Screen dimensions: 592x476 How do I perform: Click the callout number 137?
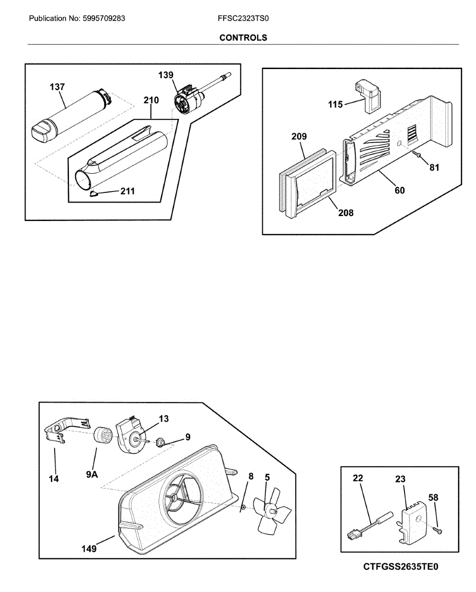coord(57,87)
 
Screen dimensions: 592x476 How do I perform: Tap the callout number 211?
coord(128,191)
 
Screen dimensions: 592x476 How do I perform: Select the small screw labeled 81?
coord(417,155)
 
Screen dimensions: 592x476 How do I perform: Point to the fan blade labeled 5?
coord(272,512)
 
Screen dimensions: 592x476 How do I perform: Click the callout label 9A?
coord(92,475)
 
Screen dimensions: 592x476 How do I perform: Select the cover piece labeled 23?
coord(411,525)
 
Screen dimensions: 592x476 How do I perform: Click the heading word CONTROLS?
coord(243,37)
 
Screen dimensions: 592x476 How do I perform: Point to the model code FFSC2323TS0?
coord(243,19)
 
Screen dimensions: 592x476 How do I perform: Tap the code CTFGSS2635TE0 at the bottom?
coord(400,567)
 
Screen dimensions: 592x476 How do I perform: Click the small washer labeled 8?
coord(243,507)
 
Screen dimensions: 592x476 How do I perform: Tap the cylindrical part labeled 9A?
coord(102,436)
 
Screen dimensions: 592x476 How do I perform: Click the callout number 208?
coord(346,213)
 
